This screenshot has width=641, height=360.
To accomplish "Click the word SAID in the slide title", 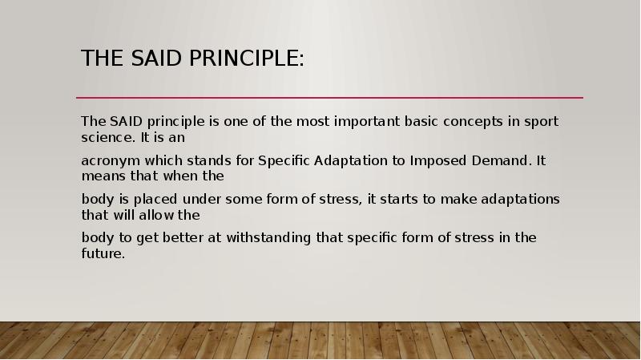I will coord(151,59).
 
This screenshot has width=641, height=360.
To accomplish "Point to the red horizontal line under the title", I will coord(329,98).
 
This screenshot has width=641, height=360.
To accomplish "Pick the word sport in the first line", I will coord(541,122).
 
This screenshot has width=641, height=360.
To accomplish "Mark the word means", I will coord(102,176).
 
